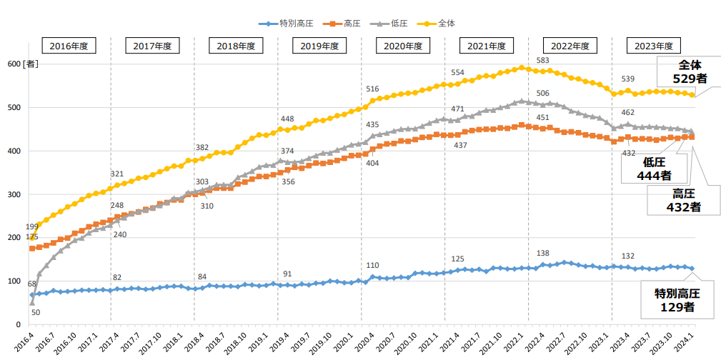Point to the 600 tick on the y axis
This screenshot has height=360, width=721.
(14, 64)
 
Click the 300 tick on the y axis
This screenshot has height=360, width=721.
(14, 194)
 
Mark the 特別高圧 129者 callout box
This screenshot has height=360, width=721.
(675, 300)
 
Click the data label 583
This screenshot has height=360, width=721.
(542, 60)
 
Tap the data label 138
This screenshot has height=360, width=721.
(542, 254)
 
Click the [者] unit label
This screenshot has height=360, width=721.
(31, 64)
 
